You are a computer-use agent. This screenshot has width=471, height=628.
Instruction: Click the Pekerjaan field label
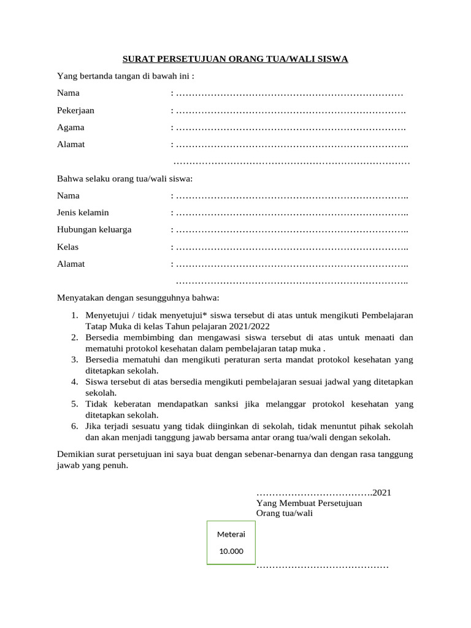click(75, 111)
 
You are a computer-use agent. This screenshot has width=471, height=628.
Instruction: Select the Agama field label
click(71, 128)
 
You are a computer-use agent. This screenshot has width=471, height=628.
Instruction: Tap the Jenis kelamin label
click(83, 213)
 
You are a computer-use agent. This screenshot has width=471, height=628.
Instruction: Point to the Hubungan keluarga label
click(94, 230)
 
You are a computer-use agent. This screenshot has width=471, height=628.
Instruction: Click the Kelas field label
click(67, 247)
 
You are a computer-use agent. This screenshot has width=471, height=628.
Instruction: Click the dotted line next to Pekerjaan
click(291, 112)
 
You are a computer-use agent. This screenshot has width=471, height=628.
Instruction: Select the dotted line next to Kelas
click(292, 248)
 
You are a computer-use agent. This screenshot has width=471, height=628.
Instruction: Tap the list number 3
click(73, 359)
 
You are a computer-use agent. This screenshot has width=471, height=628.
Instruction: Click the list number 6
click(73, 426)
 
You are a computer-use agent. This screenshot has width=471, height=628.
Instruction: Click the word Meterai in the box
click(231, 534)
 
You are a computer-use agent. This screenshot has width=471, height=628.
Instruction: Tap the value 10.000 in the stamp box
click(231, 551)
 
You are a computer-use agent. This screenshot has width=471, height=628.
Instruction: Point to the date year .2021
click(381, 492)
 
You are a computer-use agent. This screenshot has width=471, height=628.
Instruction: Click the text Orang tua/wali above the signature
click(284, 513)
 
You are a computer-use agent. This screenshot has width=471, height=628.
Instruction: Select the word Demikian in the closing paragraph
click(77, 454)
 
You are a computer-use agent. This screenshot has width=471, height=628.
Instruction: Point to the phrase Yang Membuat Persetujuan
click(308, 503)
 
